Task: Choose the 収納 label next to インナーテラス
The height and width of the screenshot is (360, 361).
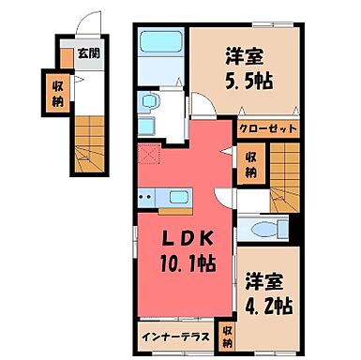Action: (226, 334)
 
